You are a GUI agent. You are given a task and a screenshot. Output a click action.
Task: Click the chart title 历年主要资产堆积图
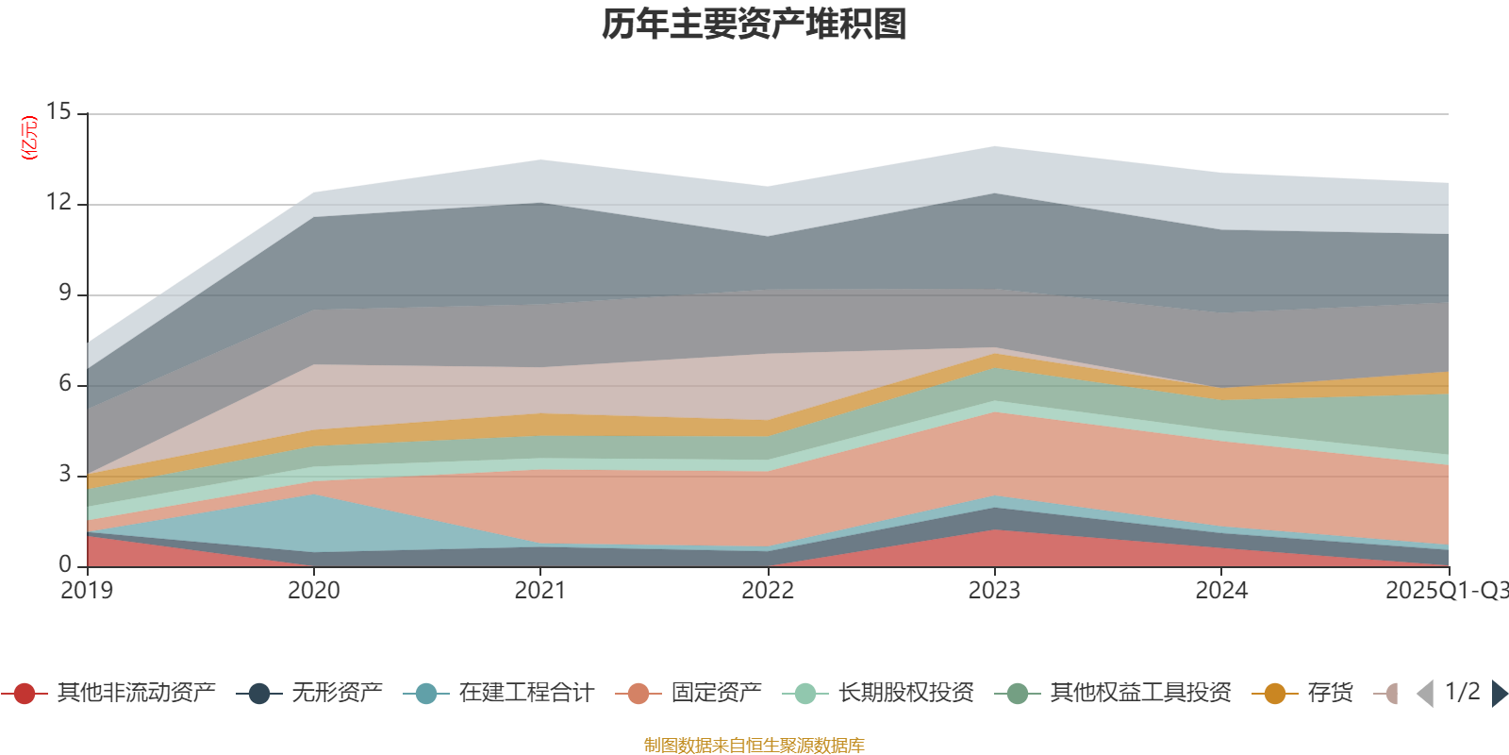point(754,25)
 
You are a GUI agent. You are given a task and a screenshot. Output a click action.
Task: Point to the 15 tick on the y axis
point(58,112)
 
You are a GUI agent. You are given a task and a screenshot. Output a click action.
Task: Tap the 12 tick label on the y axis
point(58,203)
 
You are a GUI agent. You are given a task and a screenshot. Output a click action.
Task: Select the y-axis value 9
point(64,294)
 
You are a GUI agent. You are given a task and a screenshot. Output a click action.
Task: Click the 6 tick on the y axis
point(64,384)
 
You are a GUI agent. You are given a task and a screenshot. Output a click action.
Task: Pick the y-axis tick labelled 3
point(64,474)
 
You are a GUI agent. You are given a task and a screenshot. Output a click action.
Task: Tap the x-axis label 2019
point(87,591)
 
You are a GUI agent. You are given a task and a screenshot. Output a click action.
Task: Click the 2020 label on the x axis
point(314,591)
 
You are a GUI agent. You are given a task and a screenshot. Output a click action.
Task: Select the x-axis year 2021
point(540,591)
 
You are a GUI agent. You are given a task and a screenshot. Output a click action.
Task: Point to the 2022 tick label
point(768,591)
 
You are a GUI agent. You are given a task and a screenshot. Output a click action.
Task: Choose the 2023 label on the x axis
point(994,591)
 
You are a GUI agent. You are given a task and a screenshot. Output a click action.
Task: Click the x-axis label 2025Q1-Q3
point(1446,591)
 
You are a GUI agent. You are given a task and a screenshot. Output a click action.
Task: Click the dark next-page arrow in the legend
point(1499,694)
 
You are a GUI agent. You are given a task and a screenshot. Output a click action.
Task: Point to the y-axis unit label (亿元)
point(29,138)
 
